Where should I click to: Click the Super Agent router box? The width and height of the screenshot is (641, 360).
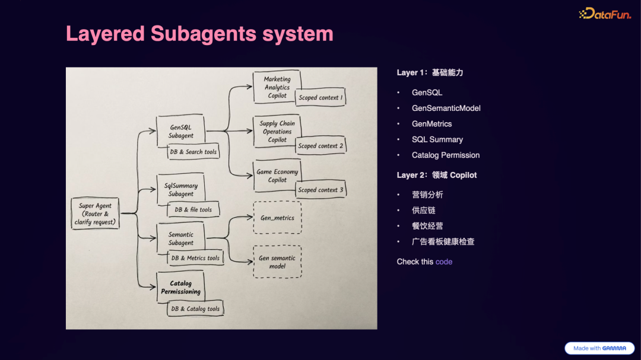pos(95,214)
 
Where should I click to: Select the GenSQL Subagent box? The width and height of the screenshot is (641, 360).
pos(180,131)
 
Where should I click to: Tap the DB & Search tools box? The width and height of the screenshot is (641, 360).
pos(193,152)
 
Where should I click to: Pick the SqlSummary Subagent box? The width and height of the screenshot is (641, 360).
pos(180,189)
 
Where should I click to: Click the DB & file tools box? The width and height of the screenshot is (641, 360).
pos(193,209)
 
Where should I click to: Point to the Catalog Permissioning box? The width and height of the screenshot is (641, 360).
pos(180,288)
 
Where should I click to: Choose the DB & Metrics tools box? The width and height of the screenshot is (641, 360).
pos(195,258)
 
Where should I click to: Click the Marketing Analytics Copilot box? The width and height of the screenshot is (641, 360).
pos(277,87)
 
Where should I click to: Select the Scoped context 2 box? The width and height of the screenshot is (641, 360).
pos(320,146)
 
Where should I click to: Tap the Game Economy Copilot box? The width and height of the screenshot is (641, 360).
pos(277,176)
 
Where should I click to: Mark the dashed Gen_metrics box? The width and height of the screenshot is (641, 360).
pos(277,218)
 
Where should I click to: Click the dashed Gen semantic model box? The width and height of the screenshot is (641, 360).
pos(277,262)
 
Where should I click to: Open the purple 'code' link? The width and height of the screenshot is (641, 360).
pos(444,262)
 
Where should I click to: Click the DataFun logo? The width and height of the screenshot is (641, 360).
pos(605,14)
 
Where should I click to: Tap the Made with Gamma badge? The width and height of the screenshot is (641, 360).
pos(599,348)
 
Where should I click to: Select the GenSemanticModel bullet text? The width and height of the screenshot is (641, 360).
pos(446,108)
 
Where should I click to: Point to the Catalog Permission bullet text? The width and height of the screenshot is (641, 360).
pos(446,155)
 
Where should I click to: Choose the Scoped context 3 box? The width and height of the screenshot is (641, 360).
pos(320,190)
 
